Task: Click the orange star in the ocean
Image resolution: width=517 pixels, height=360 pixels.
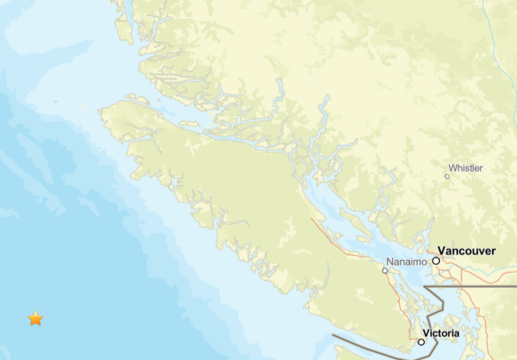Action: point(35,319)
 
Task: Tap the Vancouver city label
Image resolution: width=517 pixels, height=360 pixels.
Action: point(466,251)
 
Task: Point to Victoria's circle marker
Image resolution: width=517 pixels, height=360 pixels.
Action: point(421,342)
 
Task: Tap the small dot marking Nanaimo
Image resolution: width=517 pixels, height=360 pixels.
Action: point(384,271)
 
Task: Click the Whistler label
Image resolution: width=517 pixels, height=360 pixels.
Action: point(465,168)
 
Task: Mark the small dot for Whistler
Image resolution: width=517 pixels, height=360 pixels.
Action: point(447,176)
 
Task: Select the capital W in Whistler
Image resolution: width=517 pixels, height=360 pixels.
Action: point(452,168)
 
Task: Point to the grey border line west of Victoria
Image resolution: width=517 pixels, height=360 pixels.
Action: point(367,344)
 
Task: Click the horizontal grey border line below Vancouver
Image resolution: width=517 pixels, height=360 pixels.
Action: point(476,287)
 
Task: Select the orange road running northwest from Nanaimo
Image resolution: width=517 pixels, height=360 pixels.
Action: point(344,241)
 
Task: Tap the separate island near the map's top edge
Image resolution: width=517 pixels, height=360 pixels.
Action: point(124,27)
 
